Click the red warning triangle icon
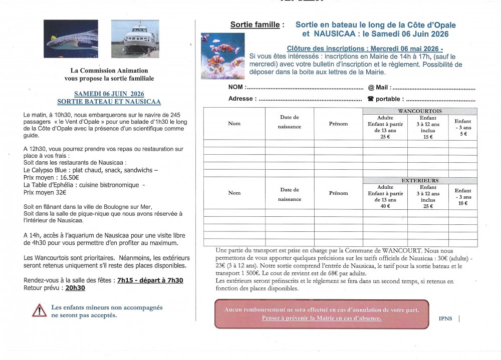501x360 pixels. coord(39,311)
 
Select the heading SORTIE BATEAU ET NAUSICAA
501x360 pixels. coord(109,102)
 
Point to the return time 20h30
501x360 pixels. coord(75,288)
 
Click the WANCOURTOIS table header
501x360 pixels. coord(420,111)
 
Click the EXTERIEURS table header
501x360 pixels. coord(420,181)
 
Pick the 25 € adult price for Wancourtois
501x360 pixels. coord(385,137)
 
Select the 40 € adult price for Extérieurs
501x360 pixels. coord(385,206)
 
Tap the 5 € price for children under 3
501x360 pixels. coord(462,134)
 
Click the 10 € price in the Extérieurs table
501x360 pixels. coord(462,203)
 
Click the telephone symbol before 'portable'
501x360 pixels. coord(371,99)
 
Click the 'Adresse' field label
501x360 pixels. coord(241,99)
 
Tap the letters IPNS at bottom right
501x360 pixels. coord(445,318)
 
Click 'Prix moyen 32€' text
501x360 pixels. coord(45,192)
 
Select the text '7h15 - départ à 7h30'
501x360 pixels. coord(150,280)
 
